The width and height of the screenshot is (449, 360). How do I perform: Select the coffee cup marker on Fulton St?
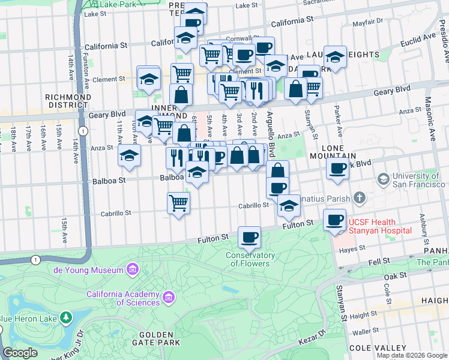249,237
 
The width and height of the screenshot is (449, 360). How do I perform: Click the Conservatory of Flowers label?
250,259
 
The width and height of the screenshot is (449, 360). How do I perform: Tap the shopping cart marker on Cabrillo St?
179,203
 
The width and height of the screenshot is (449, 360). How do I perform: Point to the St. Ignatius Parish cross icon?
359,197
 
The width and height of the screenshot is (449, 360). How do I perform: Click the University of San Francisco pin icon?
382,179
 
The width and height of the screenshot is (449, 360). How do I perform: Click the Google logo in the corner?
20,353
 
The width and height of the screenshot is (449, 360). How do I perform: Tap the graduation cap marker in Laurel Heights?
335,57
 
